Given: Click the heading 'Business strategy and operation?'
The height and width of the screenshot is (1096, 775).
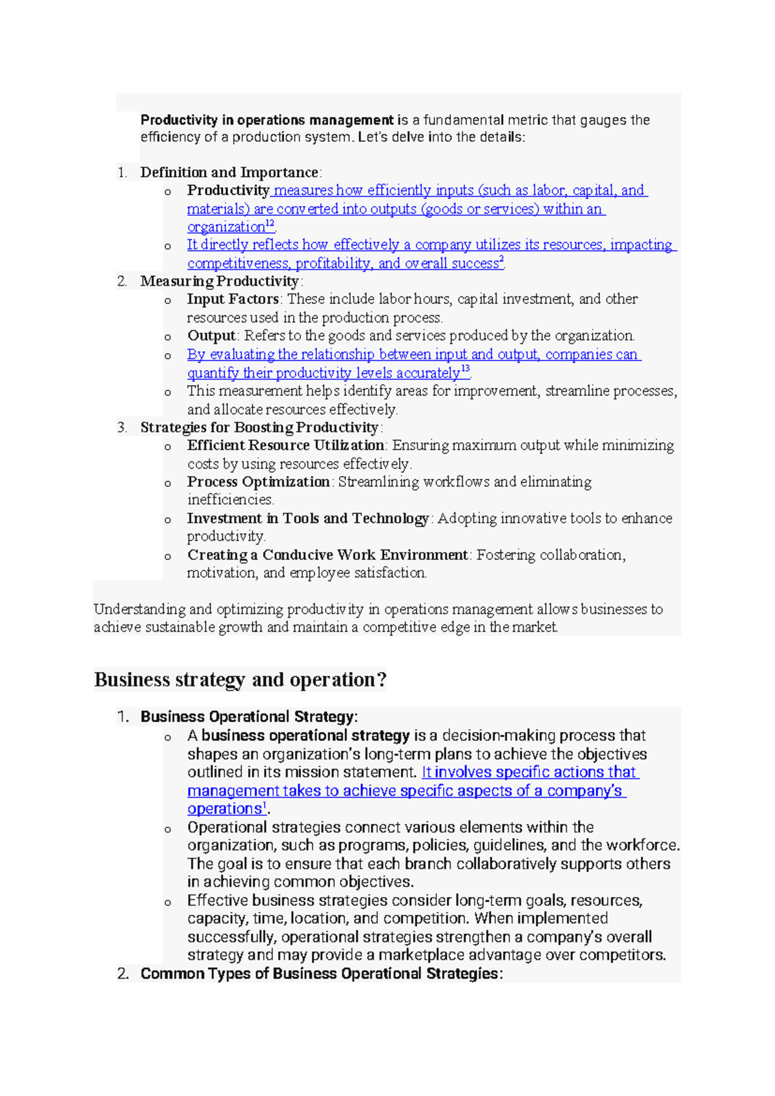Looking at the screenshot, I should [x=240, y=680].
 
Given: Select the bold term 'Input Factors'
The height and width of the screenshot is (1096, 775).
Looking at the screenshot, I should [x=232, y=299].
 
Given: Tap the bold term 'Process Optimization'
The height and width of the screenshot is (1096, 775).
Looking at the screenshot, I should [x=258, y=482].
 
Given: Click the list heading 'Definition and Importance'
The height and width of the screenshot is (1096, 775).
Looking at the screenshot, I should [x=229, y=173].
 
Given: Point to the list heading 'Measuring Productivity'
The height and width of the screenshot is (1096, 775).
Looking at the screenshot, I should [x=220, y=281].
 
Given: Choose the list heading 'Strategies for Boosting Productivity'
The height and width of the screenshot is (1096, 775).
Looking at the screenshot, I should [x=259, y=428].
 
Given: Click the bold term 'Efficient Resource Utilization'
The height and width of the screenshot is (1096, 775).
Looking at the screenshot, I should [x=285, y=445].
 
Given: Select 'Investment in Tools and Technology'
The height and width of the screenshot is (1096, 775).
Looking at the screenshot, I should [x=307, y=518].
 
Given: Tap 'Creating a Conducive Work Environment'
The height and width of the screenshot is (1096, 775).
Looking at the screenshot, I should [x=327, y=555].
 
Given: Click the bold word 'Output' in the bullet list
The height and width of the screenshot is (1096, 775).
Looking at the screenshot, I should [x=211, y=336].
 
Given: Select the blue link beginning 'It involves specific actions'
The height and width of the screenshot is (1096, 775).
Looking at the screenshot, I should [x=529, y=772].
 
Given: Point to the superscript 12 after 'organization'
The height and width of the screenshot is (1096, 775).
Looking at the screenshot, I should [x=271, y=224].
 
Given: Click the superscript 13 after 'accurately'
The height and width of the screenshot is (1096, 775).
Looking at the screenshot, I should [x=466, y=370].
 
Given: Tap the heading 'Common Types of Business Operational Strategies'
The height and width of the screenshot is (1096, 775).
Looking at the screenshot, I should [x=321, y=974].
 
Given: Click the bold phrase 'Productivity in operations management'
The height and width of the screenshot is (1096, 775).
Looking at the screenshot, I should [x=267, y=120].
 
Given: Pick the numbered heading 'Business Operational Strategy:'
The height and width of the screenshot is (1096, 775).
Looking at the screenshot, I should [x=249, y=717].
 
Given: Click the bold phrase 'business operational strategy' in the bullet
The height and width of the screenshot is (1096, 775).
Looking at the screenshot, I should [x=305, y=735].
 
